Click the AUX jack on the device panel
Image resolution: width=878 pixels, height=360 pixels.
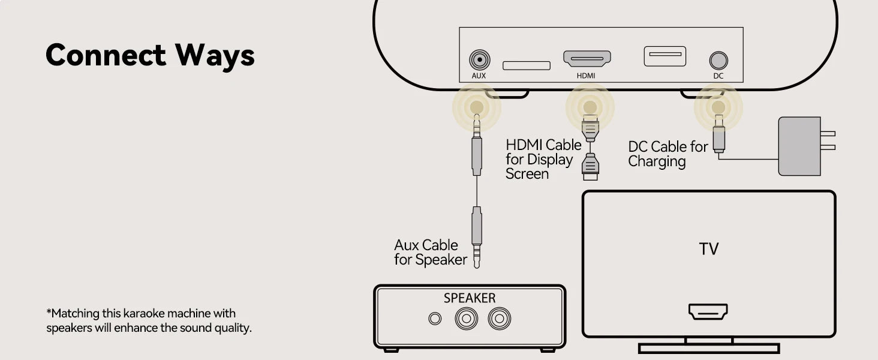pos(479,60)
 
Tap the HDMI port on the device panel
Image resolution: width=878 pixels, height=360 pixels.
pos(587,58)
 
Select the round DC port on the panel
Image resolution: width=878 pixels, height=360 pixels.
pos(718,61)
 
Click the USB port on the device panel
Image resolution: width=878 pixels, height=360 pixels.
pos(664,56)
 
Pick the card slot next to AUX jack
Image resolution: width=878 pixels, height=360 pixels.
pos(526,65)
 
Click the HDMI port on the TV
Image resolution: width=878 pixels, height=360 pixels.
pos(708,311)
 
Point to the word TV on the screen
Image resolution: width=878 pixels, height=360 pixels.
pos(708,249)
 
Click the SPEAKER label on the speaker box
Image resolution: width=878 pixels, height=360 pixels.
pos(470,298)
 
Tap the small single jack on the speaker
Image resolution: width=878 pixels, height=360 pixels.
pos(435,319)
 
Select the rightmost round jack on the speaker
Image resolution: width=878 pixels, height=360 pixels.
pos(499,319)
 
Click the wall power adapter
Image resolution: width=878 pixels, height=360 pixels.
pos(800,146)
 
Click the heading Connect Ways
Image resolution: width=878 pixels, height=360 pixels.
pos(150,55)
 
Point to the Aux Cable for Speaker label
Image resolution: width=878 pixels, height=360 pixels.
pos(430,253)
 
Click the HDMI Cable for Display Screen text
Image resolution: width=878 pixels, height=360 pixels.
pos(543,160)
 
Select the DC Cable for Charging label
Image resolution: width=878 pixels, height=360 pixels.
pos(667,154)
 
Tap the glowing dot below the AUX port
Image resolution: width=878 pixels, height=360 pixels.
pos(477,107)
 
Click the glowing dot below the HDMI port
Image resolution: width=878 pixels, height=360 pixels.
pos(590,107)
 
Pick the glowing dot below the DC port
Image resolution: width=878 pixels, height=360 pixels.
pos(718,107)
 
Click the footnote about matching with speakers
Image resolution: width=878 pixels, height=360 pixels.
pos(149,321)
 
